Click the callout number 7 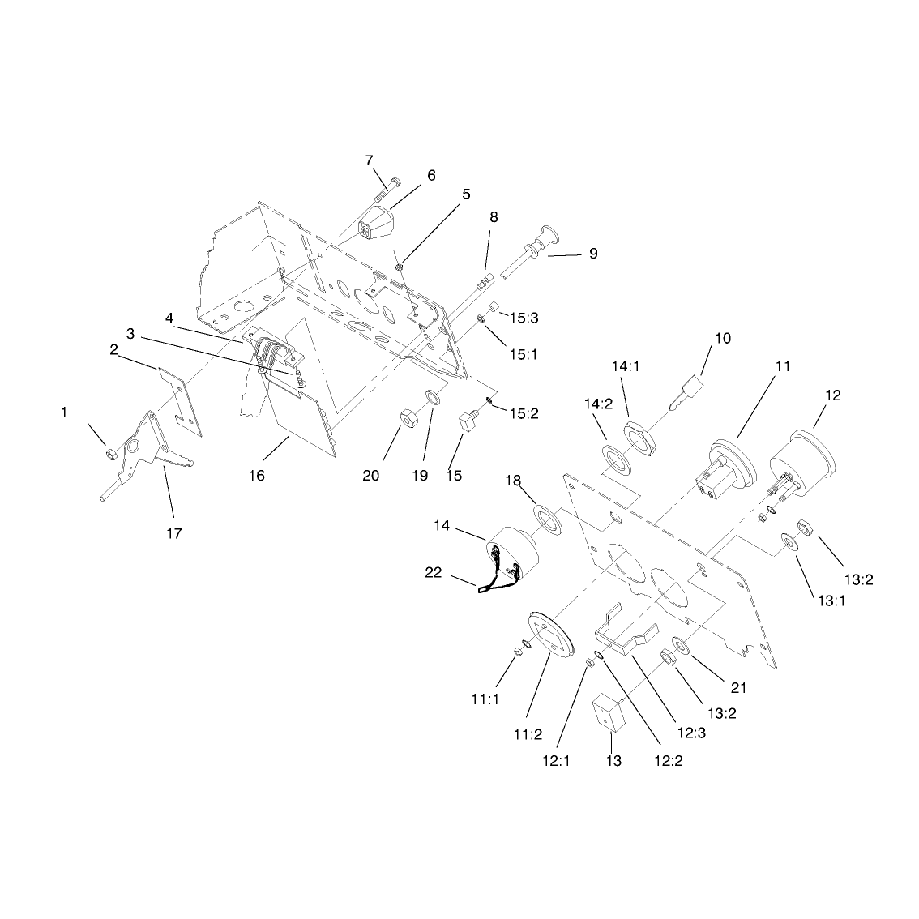(369, 160)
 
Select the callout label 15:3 (524, 318)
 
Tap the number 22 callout (433, 573)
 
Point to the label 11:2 (528, 734)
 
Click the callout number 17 (174, 533)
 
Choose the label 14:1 (626, 366)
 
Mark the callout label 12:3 (691, 733)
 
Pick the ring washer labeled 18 (547, 519)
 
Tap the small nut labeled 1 (109, 454)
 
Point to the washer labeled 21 (682, 645)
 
